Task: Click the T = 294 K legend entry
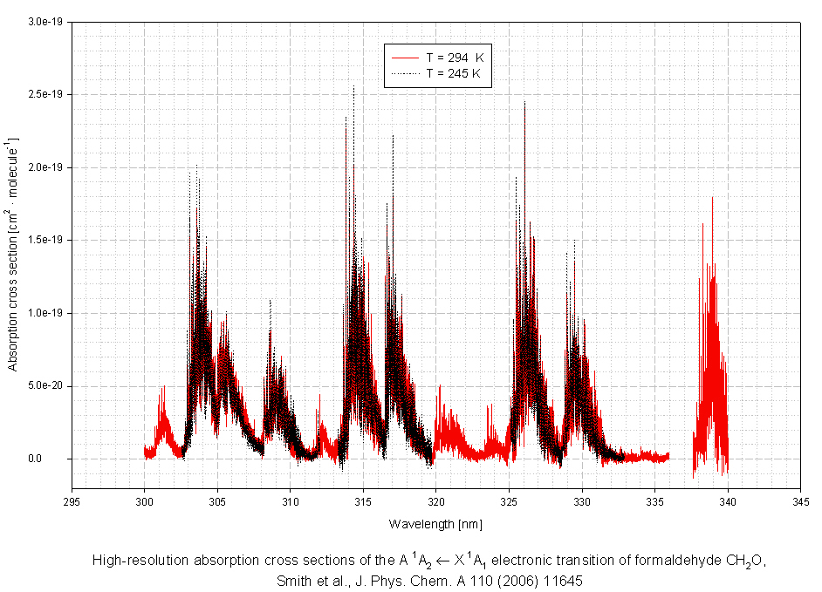point(454,58)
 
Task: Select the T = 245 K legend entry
point(453,74)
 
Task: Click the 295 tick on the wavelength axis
point(72,501)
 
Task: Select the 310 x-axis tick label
point(291,501)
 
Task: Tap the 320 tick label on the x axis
point(436,501)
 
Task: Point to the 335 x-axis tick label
point(655,501)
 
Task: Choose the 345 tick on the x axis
point(800,501)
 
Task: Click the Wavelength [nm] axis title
point(435,524)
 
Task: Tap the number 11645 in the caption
point(564,580)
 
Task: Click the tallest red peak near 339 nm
point(712,197)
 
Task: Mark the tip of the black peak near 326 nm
point(524,102)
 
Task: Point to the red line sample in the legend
point(406,58)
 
